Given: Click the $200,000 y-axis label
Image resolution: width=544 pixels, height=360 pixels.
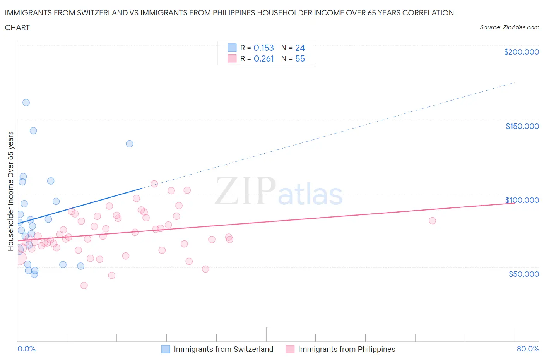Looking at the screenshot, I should click(521, 52).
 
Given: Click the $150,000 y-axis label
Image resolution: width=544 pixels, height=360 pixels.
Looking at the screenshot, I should click(522, 126).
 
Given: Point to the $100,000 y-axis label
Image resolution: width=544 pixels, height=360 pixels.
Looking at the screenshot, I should click(522, 200).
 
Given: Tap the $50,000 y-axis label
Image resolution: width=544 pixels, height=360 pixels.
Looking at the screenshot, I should click(523, 274).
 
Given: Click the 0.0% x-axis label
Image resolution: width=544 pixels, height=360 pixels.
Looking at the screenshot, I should click(26, 349).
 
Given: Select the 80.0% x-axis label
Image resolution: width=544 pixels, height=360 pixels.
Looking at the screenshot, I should click(528, 349).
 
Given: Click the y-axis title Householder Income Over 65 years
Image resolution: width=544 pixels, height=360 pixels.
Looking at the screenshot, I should click(10, 191).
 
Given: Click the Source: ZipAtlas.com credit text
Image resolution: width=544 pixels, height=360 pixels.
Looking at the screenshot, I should click(509, 27).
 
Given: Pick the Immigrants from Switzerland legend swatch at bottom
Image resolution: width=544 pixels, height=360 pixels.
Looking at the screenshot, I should click(166, 349).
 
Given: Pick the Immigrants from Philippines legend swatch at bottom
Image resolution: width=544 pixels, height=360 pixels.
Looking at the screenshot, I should click(290, 349).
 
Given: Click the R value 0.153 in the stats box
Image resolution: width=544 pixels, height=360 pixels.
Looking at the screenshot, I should click(263, 48).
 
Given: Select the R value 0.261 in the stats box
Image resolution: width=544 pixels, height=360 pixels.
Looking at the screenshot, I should click(263, 59).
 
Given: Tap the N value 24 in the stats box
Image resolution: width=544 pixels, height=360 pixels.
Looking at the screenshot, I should click(300, 48).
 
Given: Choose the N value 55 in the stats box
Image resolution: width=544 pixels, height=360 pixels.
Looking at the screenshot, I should click(300, 59).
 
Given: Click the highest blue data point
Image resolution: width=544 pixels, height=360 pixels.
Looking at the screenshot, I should click(26, 103).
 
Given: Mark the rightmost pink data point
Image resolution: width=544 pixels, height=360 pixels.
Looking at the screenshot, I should click(432, 221).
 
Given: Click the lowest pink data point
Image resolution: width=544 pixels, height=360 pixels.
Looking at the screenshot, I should click(84, 286).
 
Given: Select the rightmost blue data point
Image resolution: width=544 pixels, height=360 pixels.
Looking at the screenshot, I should click(130, 144).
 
